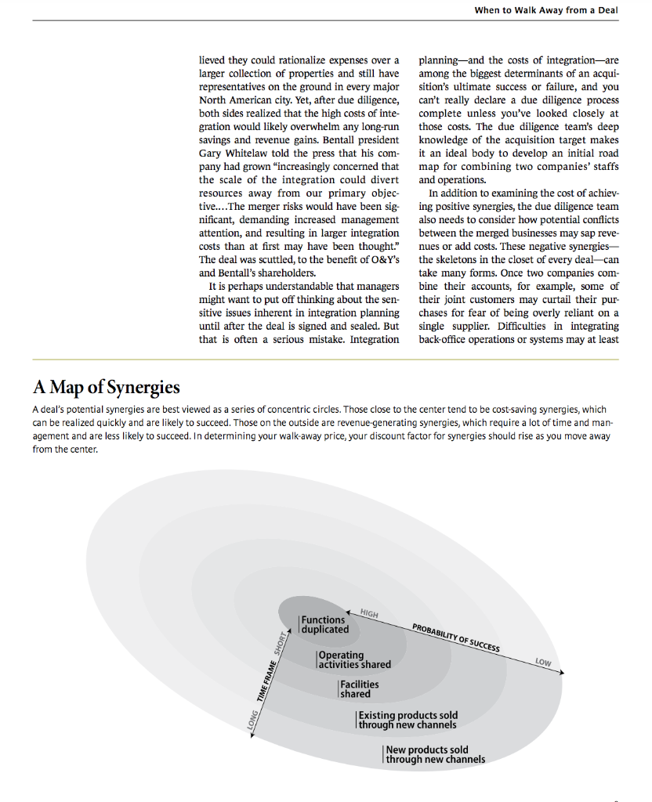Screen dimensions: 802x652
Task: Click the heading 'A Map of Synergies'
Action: coord(107,387)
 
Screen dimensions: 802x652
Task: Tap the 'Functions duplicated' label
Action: coord(324,624)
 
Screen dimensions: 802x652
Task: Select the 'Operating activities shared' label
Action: coord(353,659)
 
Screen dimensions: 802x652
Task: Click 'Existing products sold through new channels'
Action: coord(407,720)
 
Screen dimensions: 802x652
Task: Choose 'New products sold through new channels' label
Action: coord(435,754)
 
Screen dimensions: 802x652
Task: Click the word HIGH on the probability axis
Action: coord(369,613)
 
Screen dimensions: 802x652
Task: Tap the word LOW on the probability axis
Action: coord(543,663)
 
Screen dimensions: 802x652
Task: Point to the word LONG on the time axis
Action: coord(252,719)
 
